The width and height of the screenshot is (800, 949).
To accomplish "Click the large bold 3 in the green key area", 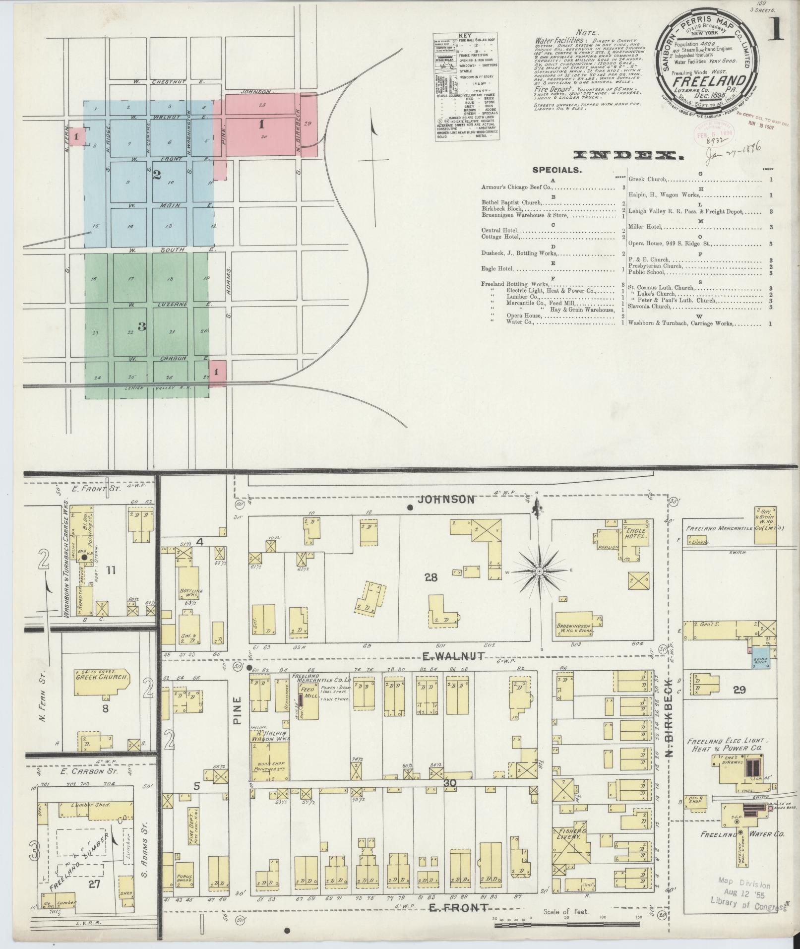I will pos(142,326).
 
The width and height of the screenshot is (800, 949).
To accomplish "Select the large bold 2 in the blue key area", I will pos(157,174).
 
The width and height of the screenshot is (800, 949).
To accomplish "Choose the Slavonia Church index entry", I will pos(650,307).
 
